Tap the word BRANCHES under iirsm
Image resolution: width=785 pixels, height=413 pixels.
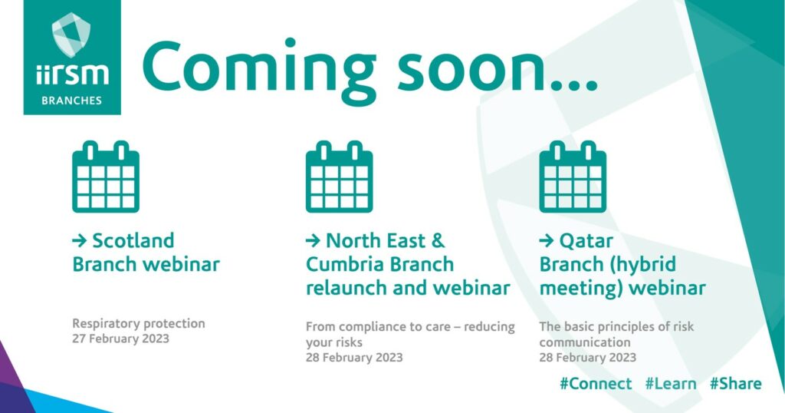71,101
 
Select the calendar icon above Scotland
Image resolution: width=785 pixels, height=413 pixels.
106,177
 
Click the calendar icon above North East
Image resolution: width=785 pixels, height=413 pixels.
340,177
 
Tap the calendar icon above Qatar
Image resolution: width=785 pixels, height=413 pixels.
573,177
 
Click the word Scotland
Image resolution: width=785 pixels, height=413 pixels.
133,240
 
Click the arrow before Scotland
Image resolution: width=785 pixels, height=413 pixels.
80,241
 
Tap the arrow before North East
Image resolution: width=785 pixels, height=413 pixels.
314,241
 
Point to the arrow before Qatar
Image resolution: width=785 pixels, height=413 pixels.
547,241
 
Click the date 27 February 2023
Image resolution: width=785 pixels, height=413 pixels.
120,339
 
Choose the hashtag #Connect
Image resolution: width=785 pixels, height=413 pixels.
596,384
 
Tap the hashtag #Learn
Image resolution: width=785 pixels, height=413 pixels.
671,384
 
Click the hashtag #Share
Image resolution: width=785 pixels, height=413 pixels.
735,384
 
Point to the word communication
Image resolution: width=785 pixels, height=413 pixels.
585,342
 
